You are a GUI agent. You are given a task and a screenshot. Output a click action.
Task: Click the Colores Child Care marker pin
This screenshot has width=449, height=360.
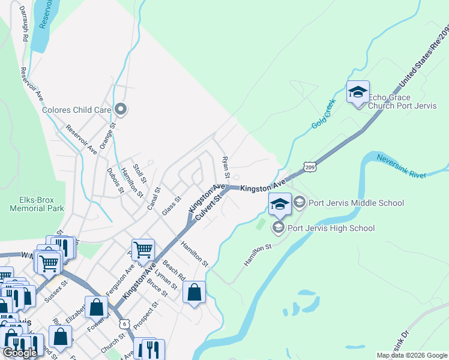point(121,109)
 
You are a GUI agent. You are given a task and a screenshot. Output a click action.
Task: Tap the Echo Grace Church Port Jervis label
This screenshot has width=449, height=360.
point(390,102)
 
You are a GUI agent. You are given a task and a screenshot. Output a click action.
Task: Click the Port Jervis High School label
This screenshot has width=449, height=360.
point(331,228)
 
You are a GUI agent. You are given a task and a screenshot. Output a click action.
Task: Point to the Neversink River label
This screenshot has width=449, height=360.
point(401,166)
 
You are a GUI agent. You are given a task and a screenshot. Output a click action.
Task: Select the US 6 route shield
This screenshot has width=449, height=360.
point(124,323)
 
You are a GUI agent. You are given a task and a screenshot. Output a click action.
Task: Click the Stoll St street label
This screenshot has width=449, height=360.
point(140,173)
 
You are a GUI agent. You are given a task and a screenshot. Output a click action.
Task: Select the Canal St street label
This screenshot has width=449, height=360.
point(154,199)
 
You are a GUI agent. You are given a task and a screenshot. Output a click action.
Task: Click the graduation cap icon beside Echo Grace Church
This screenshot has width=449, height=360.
point(358,92)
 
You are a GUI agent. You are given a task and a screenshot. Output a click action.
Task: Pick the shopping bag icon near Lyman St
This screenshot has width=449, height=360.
point(194,293)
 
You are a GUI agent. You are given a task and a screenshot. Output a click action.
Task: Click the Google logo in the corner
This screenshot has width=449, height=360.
point(20,353)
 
